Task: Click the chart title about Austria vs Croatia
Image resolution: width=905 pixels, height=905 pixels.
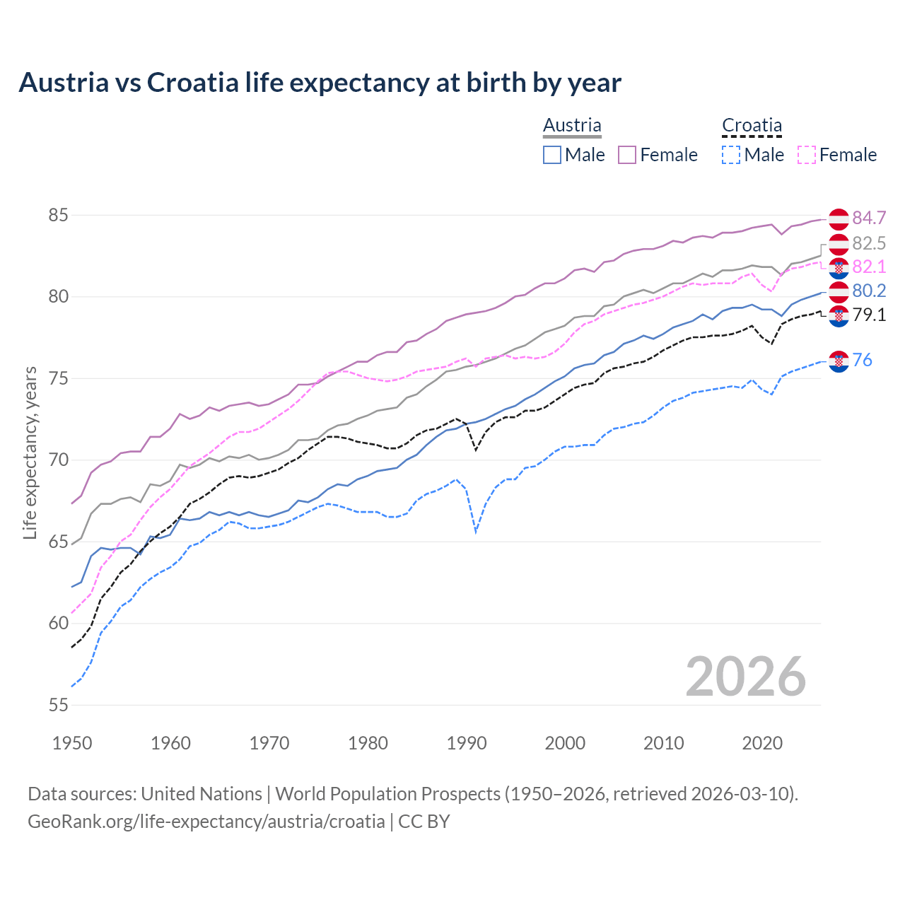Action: (x=320, y=83)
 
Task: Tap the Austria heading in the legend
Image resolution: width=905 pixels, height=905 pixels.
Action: (x=572, y=125)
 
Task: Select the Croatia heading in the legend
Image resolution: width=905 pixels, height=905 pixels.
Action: (x=752, y=125)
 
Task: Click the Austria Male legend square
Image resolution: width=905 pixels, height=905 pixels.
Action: (x=552, y=155)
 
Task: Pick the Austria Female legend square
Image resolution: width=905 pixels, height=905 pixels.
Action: (x=627, y=155)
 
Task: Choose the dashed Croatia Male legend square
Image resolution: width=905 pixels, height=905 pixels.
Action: (x=731, y=155)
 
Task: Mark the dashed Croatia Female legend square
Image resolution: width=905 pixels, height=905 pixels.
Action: (x=807, y=155)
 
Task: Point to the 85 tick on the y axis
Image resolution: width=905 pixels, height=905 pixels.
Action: (x=58, y=215)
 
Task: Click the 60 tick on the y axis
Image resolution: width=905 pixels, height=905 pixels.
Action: (x=58, y=623)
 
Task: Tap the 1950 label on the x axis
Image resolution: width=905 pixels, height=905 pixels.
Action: (x=72, y=743)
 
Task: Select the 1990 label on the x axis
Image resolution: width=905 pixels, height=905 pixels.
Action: (x=467, y=743)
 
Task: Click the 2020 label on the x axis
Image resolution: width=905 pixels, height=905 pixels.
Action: (x=762, y=743)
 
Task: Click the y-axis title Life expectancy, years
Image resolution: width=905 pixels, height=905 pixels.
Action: (x=30, y=452)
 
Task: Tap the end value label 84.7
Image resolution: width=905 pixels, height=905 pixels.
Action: (x=869, y=218)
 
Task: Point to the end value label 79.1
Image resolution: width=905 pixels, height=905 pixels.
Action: (x=869, y=315)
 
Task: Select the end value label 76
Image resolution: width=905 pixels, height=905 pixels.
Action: (x=862, y=360)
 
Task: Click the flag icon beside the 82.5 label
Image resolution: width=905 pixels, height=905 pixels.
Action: (x=839, y=244)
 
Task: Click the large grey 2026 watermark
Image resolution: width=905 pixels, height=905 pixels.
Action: (x=745, y=677)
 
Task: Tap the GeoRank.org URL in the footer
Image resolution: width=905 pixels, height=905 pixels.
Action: (x=206, y=822)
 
